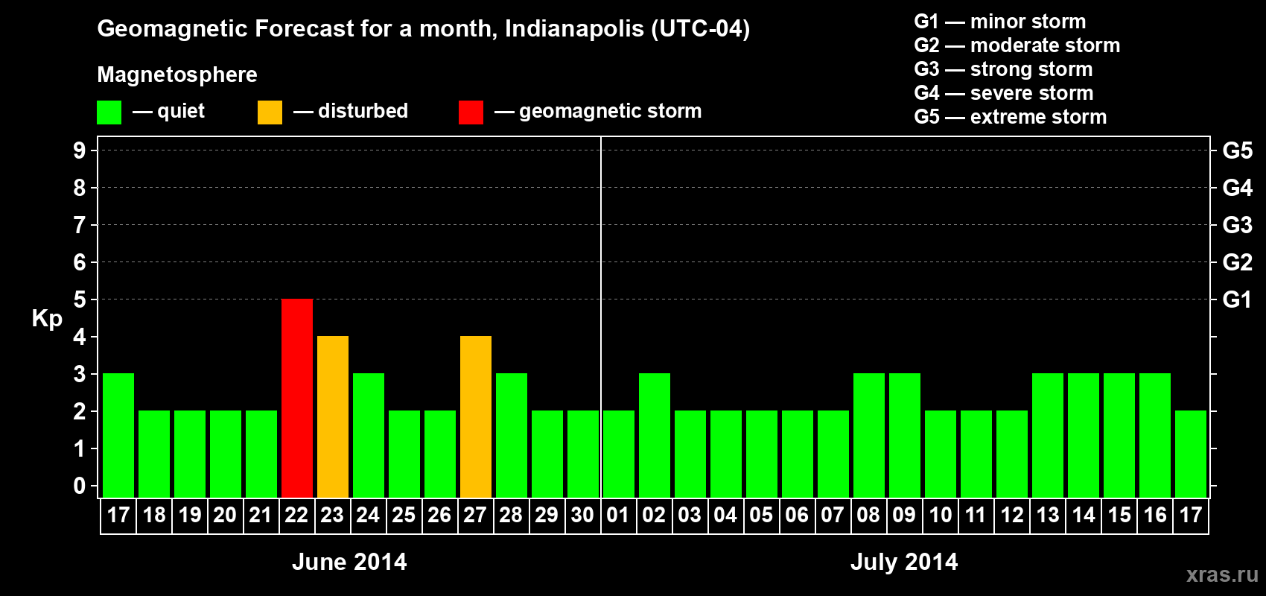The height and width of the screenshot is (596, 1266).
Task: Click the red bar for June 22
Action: point(297,398)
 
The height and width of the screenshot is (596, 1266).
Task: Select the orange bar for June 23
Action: point(333,416)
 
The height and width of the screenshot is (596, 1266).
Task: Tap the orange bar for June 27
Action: point(476,416)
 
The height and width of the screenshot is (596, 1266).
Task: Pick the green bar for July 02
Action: point(655,435)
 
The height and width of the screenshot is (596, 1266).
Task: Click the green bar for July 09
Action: point(905,435)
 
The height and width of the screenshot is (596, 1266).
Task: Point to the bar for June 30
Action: point(583,454)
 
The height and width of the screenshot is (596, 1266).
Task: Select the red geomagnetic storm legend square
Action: point(471,112)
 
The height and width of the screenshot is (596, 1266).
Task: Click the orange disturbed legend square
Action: point(270,112)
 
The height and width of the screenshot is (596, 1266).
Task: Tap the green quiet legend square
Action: point(109,112)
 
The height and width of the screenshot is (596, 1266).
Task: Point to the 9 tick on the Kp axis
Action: point(80,150)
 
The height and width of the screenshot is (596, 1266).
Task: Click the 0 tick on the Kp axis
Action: point(80,486)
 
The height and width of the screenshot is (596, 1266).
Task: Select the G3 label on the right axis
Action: point(1237,225)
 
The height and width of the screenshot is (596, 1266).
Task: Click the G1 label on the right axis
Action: point(1237,299)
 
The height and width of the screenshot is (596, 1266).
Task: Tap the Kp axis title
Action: point(47,318)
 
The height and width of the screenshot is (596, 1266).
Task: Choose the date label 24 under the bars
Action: point(368,516)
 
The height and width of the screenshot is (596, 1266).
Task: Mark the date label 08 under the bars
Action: point(868,516)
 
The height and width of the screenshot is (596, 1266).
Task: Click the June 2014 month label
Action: point(349,562)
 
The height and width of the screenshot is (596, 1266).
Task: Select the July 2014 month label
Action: point(904,562)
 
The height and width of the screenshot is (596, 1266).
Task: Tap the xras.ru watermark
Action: point(1222,574)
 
